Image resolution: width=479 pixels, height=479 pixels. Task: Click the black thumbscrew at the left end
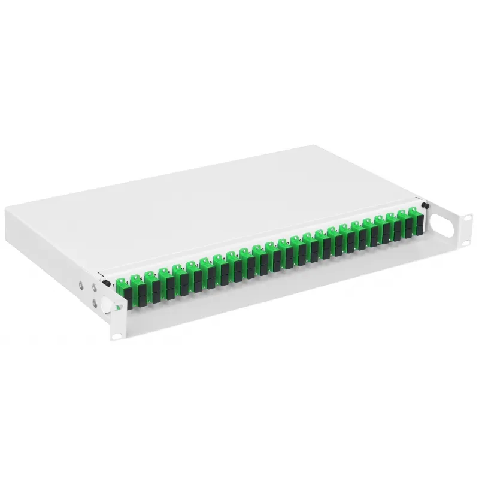click(x=105, y=283)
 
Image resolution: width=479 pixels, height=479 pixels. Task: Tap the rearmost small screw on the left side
click(x=81, y=285)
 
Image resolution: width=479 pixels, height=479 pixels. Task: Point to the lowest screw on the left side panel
click(x=93, y=304)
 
